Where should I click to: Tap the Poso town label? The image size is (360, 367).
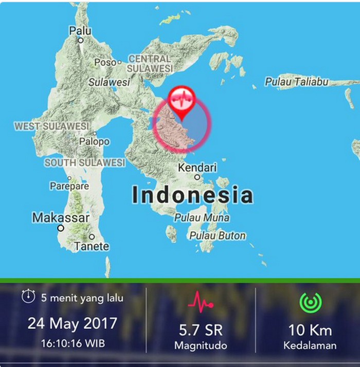tap(105, 62)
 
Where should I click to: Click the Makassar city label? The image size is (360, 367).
tap(61, 218)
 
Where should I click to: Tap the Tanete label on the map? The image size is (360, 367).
tap(92, 246)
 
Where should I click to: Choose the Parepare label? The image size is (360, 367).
tap(69, 186)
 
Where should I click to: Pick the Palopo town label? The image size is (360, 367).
tap(94, 141)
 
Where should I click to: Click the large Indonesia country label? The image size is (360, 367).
tap(192, 195)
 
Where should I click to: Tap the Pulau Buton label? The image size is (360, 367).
tap(218, 236)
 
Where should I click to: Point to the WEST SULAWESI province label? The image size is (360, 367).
tap(51, 126)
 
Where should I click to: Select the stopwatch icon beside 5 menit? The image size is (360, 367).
tap(28, 297)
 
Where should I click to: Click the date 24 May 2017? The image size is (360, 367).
tap(72, 324)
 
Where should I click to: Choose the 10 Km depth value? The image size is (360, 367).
tap(310, 330)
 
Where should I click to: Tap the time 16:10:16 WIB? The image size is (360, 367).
tap(72, 342)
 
